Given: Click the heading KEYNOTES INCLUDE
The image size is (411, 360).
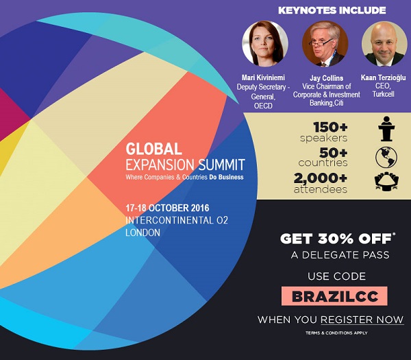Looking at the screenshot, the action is (x=332, y=10).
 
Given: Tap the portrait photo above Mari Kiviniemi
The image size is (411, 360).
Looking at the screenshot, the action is (x=265, y=44).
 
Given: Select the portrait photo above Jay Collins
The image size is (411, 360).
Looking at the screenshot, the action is (x=325, y=44).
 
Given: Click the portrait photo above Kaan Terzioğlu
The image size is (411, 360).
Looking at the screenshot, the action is (x=384, y=44).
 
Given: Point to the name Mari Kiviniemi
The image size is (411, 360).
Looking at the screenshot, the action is (x=263, y=77).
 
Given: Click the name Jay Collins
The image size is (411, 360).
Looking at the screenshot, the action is (x=326, y=78).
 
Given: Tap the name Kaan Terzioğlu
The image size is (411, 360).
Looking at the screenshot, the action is (x=383, y=77).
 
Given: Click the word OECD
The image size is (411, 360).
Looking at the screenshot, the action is (x=263, y=106).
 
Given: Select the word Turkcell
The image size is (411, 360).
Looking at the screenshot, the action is (x=383, y=94).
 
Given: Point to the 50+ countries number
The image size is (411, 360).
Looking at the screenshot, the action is (x=334, y=153).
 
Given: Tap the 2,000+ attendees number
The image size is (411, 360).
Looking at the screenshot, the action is (x=321, y=178).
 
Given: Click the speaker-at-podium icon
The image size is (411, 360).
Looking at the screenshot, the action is (x=386, y=129).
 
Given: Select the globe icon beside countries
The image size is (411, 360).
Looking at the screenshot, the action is (x=386, y=157).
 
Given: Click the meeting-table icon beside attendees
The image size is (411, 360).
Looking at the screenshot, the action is (x=386, y=181).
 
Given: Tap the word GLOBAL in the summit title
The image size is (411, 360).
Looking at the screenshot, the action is (x=153, y=149).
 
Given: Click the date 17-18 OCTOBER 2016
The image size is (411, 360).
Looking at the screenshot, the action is (x=167, y=208).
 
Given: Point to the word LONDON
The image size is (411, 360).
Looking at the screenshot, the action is (x=142, y=232).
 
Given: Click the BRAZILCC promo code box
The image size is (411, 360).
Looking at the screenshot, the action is (x=334, y=296).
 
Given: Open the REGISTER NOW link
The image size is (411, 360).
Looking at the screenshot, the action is (x=362, y=320).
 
